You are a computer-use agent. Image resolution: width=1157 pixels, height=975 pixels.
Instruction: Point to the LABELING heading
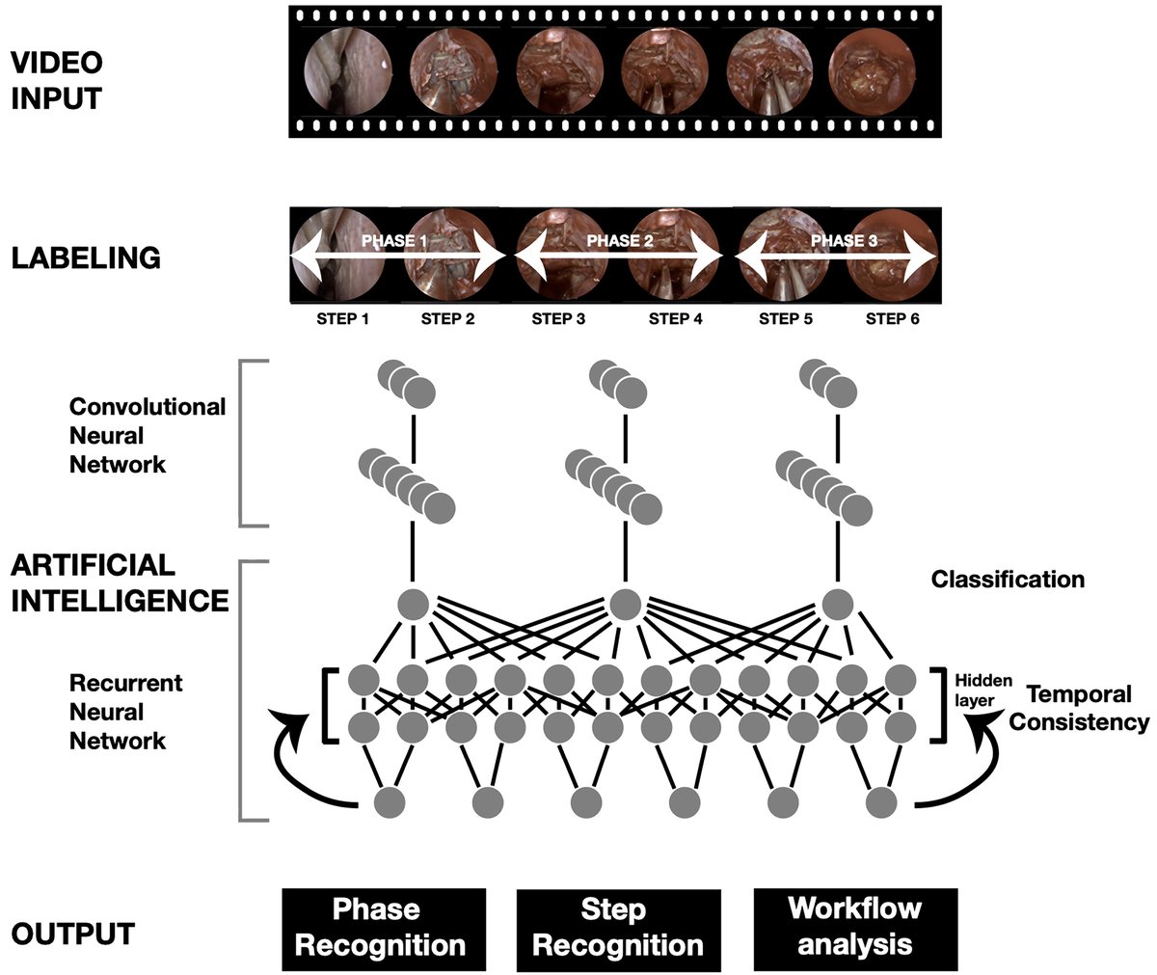pos(85,258)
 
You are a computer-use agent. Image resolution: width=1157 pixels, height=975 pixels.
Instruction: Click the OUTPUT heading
pos(72,934)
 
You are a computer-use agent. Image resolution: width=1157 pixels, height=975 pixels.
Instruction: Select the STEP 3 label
pos(557,319)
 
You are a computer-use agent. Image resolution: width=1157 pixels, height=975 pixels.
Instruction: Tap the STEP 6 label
pos(892,319)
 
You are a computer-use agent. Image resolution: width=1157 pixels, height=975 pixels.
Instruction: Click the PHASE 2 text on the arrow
pos(618,241)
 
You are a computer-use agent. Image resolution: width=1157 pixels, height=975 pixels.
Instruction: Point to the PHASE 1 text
pos(393,241)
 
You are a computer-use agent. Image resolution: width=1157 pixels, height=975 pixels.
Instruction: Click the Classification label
pos(1008,580)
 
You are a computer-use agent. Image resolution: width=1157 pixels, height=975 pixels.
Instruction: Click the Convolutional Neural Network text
pos(147,436)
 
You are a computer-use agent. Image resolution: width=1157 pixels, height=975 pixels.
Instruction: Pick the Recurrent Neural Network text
pos(125,712)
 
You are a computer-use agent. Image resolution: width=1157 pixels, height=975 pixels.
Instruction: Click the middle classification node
pos(625,604)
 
